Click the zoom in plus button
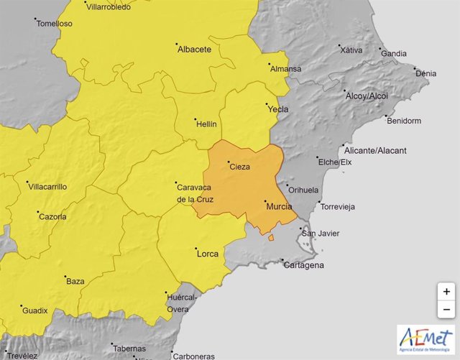pos(446,292)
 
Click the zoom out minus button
pos(446,310)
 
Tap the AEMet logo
pos(425,339)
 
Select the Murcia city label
pos(279,206)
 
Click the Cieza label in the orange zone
pos(239,167)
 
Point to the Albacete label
pos(193,49)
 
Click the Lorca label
pos(207,253)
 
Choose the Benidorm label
pos(404,121)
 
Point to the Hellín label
pos(206,124)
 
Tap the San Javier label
pos(320,234)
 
